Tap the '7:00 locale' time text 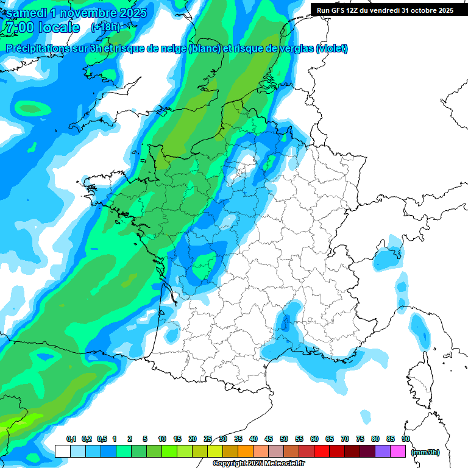41,27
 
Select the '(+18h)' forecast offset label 105,27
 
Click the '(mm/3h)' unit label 425,452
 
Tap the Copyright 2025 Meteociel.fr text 258,464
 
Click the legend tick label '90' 405,439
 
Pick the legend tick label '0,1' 71,439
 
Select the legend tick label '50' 284,439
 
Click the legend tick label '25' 208,439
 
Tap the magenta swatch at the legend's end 398,451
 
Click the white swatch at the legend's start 62,451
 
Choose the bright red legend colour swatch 322,451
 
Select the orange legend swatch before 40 246,451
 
